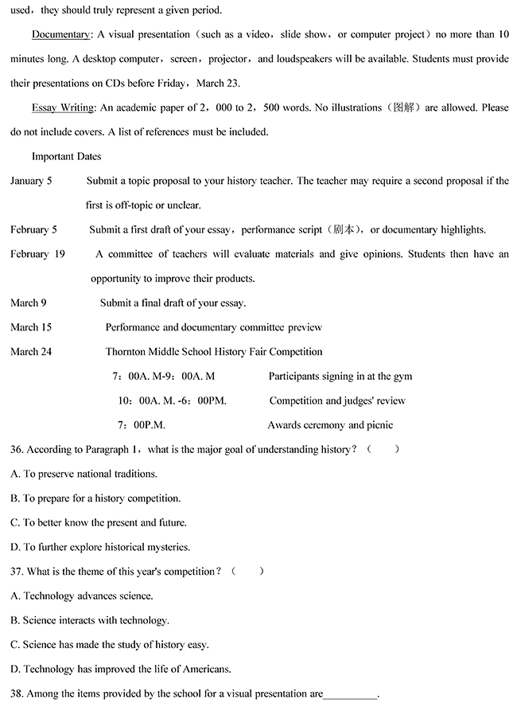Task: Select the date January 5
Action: coord(31,181)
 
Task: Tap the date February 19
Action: coord(37,254)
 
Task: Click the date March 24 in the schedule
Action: coord(31,351)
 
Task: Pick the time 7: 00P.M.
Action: coord(142,425)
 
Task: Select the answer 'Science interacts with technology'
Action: coord(90,619)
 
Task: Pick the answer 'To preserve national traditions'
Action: coord(84,474)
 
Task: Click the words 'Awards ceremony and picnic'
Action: coord(330,425)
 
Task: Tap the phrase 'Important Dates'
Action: coord(66,156)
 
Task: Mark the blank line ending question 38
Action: coord(351,694)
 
